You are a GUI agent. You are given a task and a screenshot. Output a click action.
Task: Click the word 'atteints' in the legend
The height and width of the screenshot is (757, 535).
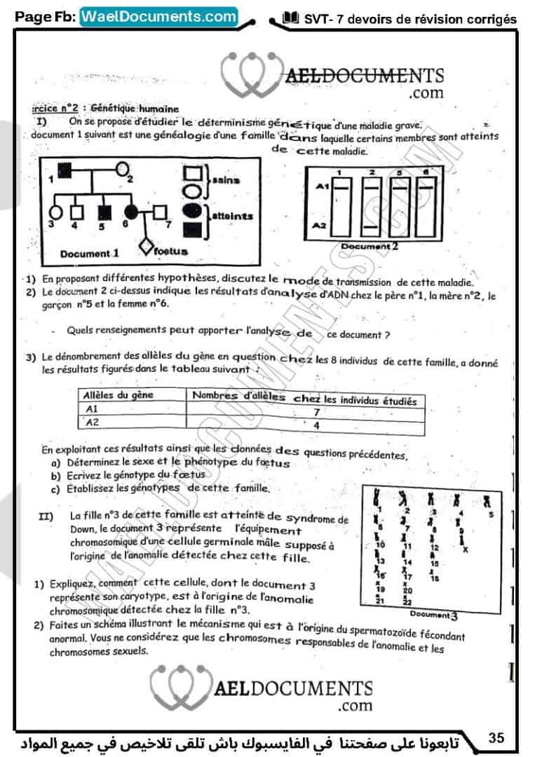point(231,217)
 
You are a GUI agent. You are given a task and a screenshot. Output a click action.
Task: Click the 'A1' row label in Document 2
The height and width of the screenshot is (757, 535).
point(323,186)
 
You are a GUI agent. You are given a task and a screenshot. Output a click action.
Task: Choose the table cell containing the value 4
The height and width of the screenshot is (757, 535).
point(316,425)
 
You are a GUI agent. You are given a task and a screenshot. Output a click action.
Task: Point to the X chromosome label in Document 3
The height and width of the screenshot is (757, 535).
point(465,549)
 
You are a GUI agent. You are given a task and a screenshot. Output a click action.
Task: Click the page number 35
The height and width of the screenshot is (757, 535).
point(496,737)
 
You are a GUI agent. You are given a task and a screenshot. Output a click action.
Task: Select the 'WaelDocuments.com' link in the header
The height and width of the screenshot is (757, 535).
point(159,15)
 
